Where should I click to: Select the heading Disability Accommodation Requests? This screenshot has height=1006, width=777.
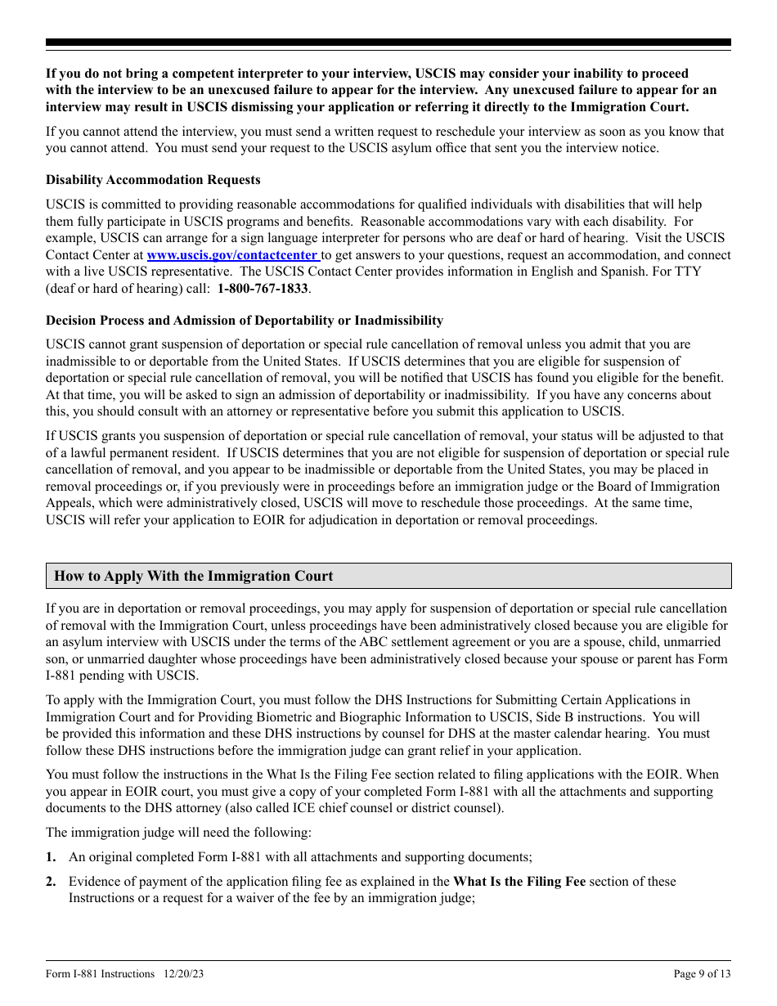coord(153,180)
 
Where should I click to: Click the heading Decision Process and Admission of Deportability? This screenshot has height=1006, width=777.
coord(244,321)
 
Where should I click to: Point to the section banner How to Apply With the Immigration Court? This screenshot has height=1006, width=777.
coord(194,576)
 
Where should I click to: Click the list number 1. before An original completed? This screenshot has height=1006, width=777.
coord(51,857)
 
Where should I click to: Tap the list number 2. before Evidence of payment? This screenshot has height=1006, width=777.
coord(51,882)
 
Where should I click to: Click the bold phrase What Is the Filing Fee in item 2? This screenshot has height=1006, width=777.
coord(519,882)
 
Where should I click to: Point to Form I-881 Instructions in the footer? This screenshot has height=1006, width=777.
coord(100,974)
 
